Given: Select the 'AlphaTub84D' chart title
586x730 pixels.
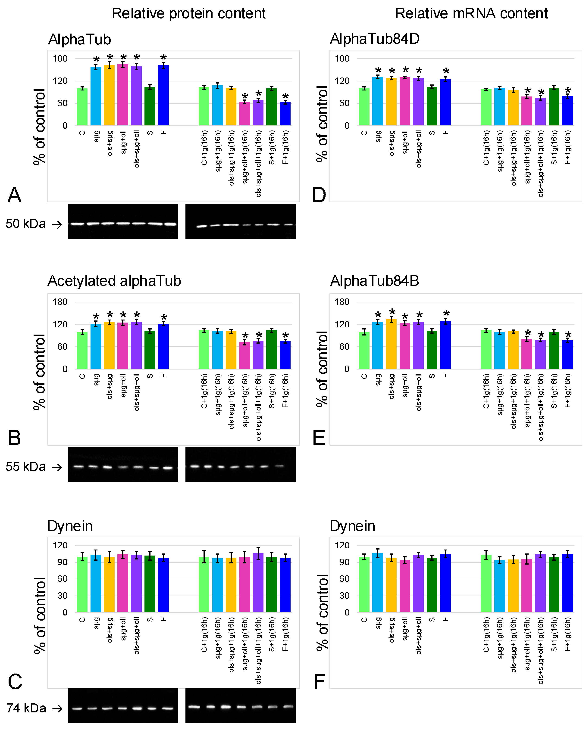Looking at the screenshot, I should pos(374,39).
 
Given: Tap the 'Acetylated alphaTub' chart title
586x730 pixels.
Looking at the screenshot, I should pos(114,281).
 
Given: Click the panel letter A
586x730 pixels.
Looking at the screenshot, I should pos(15,195).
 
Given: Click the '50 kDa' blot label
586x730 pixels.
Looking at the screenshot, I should pos(26,224).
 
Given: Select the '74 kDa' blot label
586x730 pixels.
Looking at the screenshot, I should pos(26,708).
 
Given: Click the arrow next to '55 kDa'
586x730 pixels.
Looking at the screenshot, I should pos(57,467).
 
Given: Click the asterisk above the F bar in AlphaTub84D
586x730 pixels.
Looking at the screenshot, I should pos(446,72).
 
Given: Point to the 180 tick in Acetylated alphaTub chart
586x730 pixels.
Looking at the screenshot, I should pos(60,302).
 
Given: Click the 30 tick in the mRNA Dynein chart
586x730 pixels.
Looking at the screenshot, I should pos(344,596).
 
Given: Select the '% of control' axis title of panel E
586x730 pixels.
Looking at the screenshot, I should pos(322,369).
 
